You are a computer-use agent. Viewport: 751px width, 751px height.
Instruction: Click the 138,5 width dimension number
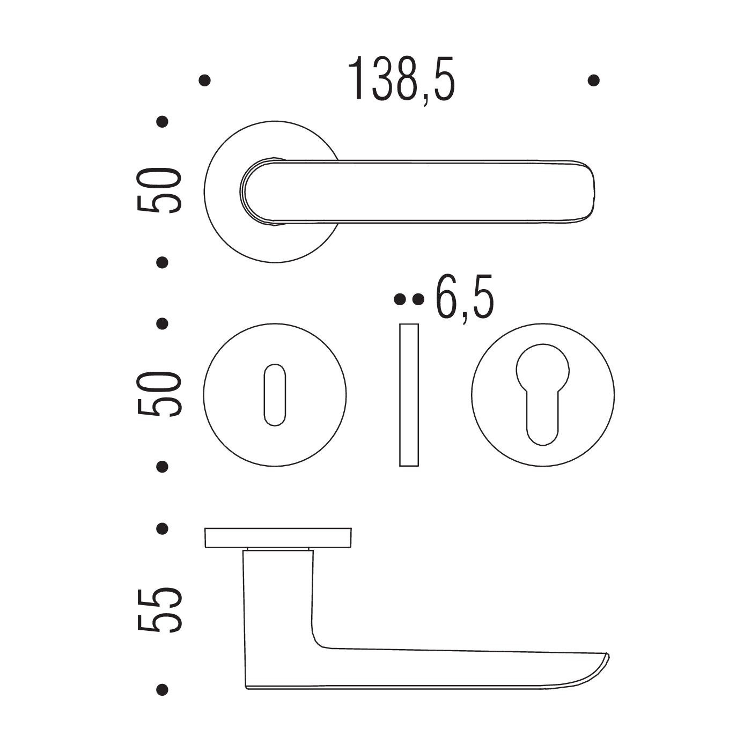[401, 79]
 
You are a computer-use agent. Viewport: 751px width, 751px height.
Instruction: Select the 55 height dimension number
[159, 610]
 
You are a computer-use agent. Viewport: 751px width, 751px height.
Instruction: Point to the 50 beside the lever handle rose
[159, 190]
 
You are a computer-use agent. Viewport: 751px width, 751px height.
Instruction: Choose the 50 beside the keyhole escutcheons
[159, 394]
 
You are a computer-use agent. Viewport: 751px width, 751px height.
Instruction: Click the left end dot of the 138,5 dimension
[204, 80]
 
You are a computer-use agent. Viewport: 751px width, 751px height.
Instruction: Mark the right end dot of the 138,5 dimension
[593, 80]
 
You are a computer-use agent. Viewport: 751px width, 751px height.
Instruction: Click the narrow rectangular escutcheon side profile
[409, 395]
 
